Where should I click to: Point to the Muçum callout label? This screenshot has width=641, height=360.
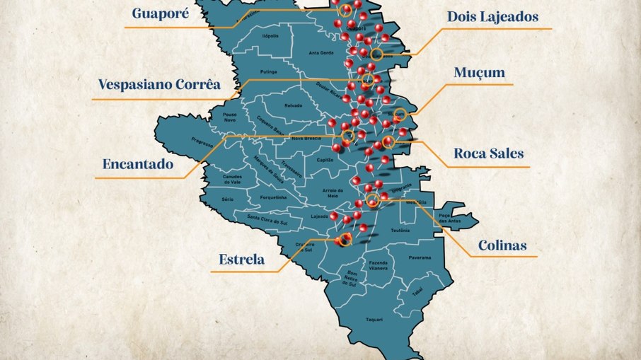(479, 73)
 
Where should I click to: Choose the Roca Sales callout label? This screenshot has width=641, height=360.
(489, 153)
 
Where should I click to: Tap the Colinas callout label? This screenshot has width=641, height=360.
(502, 245)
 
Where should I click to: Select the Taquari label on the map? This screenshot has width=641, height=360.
(374, 320)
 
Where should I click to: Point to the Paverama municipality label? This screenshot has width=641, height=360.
(420, 257)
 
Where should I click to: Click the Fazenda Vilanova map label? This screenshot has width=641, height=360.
(378, 265)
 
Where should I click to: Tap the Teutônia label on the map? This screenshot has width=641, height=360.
(400, 231)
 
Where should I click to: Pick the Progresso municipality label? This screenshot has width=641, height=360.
(202, 141)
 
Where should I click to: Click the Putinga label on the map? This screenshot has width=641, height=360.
(269, 71)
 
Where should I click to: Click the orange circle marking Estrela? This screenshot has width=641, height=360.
(345, 240)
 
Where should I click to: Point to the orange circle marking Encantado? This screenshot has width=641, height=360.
(347, 136)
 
